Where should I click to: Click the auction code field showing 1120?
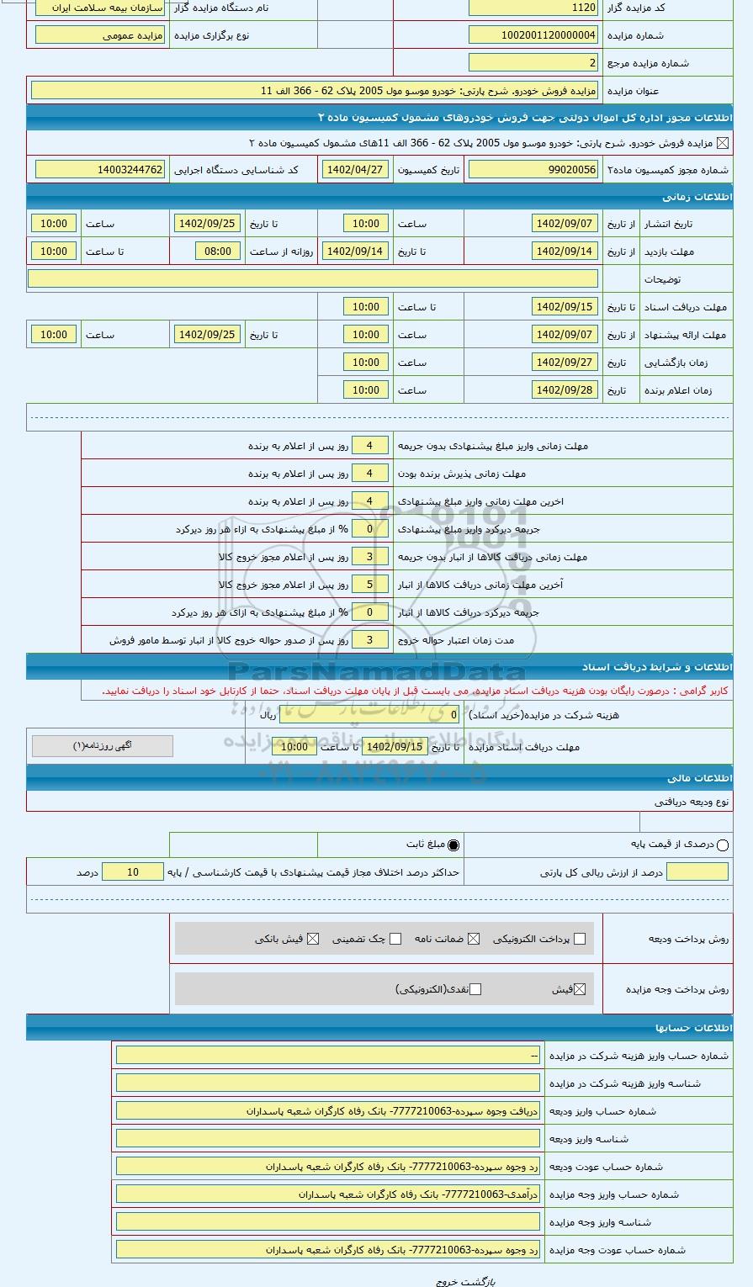click(x=533, y=8)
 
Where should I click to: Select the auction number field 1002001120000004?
click(x=533, y=35)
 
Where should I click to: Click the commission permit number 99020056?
click(x=533, y=170)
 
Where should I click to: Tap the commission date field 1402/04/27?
click(x=355, y=170)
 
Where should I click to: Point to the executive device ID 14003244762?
click(x=100, y=170)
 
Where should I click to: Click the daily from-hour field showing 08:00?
click(x=217, y=252)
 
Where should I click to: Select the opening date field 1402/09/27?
click(x=565, y=363)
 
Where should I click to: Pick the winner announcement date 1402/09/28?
click(x=565, y=390)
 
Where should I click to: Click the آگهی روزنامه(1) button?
click(x=103, y=746)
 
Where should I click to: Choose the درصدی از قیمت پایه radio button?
click(x=722, y=845)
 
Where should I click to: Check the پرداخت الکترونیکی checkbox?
click(x=579, y=939)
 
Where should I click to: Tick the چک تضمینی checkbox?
click(x=395, y=939)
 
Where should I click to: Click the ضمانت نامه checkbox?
click(x=474, y=939)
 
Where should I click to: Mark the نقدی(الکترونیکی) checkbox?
click(x=475, y=989)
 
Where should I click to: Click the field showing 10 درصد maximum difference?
click(x=132, y=872)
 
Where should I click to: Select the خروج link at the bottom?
click(x=446, y=1281)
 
